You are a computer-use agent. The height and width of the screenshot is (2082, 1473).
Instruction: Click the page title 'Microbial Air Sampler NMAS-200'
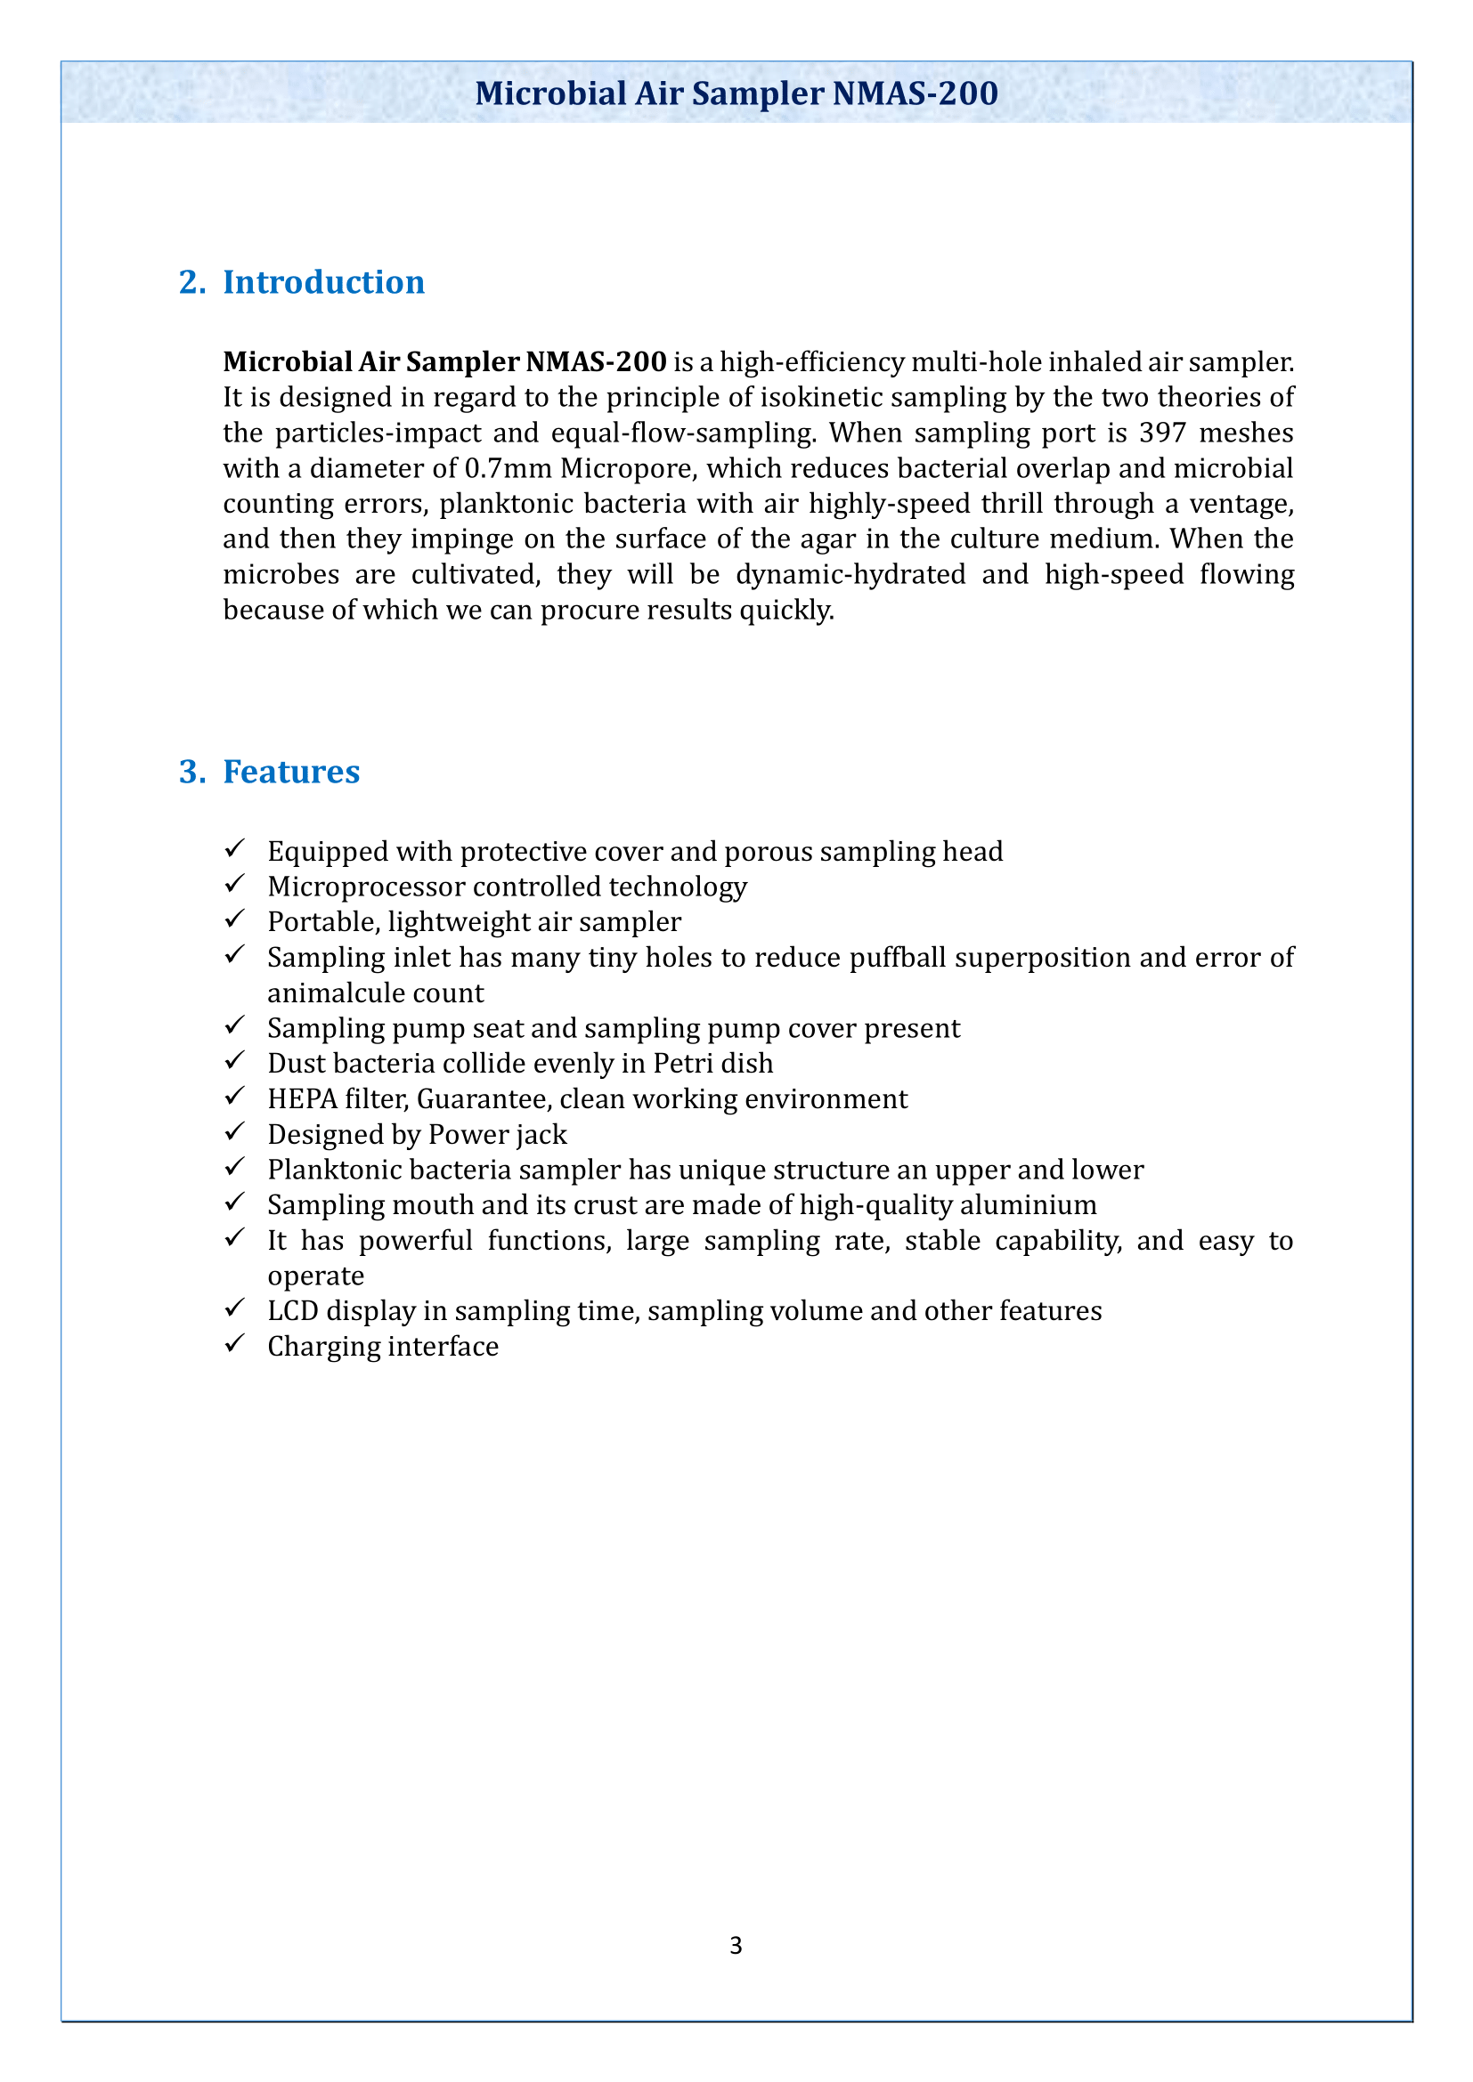[736, 93]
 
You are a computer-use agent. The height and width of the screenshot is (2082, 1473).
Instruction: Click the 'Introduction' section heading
[324, 282]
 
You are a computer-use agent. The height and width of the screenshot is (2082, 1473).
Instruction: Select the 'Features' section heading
[291, 772]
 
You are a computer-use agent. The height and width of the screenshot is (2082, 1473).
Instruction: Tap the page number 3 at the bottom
[736, 1945]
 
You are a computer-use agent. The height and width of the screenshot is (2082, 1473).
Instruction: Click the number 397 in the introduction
[1162, 433]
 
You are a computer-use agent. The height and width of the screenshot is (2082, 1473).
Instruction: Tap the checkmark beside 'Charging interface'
[234, 1344]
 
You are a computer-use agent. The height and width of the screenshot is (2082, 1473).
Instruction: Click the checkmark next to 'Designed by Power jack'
[234, 1132]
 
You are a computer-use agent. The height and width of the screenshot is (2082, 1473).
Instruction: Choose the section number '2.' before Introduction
[191, 282]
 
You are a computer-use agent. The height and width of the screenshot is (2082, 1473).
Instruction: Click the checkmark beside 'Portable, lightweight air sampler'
[234, 919]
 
